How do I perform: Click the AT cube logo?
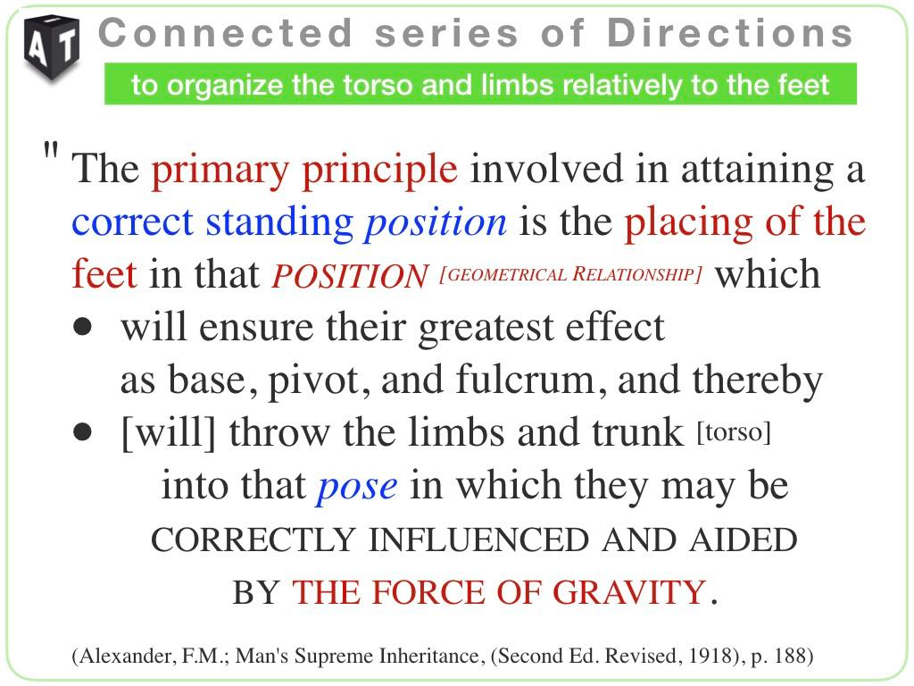click(51, 47)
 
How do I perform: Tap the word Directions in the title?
click(730, 33)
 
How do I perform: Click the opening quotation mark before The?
click(51, 151)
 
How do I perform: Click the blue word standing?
click(279, 223)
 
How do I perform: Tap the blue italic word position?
click(436, 222)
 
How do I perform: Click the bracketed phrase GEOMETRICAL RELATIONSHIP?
click(570, 274)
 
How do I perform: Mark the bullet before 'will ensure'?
click(83, 327)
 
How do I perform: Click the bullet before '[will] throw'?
click(83, 432)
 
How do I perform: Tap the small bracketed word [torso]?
click(734, 432)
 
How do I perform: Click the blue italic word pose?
click(357, 487)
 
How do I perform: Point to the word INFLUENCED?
click(478, 540)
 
